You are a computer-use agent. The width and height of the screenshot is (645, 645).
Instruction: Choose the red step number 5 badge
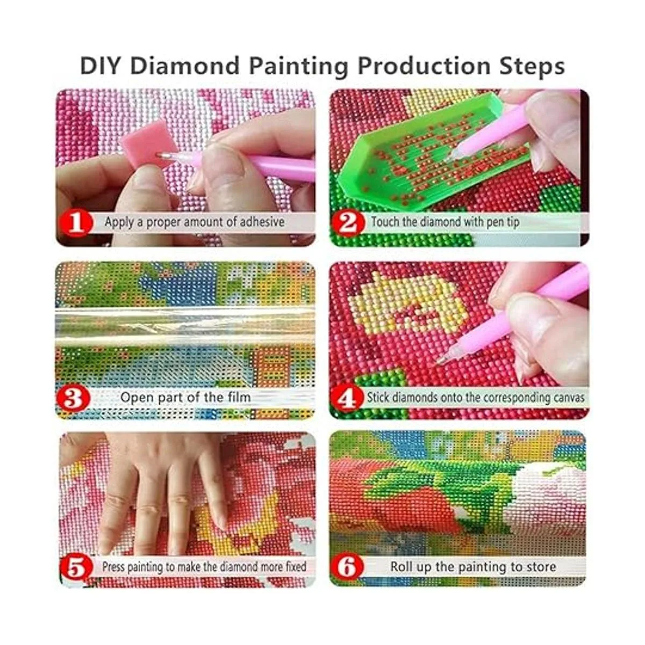[76, 567]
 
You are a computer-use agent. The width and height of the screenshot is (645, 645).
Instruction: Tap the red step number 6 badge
[348, 567]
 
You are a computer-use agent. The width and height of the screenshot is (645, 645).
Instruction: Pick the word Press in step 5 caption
[114, 567]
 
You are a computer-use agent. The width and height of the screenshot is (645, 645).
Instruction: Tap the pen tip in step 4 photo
[440, 359]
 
